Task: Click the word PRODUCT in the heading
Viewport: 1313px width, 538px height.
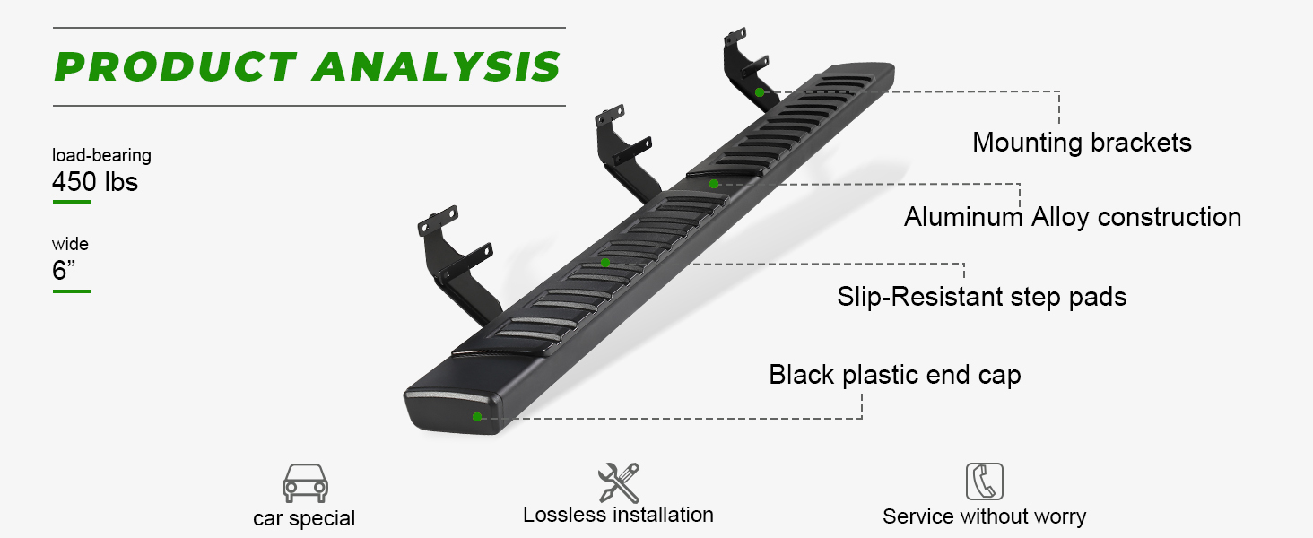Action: tap(176, 67)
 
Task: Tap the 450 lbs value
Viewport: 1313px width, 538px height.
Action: tap(95, 182)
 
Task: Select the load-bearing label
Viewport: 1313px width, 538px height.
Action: tap(101, 155)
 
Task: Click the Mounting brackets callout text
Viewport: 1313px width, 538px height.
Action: tap(1082, 142)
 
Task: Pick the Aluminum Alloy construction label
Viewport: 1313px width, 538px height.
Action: tap(1073, 217)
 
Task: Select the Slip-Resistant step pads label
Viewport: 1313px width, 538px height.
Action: tap(981, 296)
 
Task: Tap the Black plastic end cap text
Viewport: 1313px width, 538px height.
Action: tap(894, 374)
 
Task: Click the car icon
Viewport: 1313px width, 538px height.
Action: tap(305, 483)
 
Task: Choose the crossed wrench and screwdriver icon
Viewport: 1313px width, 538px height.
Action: tap(619, 482)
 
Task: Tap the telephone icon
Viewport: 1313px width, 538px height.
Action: tap(984, 482)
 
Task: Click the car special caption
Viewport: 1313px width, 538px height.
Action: tap(304, 518)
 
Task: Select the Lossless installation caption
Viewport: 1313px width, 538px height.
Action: tap(618, 515)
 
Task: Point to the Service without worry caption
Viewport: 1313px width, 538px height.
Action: tap(984, 516)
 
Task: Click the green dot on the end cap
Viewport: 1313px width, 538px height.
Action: tap(477, 417)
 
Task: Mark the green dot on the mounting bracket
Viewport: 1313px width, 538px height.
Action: tap(760, 91)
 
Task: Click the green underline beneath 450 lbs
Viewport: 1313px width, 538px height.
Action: tap(72, 202)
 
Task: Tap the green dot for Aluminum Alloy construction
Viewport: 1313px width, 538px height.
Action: tap(714, 184)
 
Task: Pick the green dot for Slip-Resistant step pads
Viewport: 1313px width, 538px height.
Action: tap(605, 263)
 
